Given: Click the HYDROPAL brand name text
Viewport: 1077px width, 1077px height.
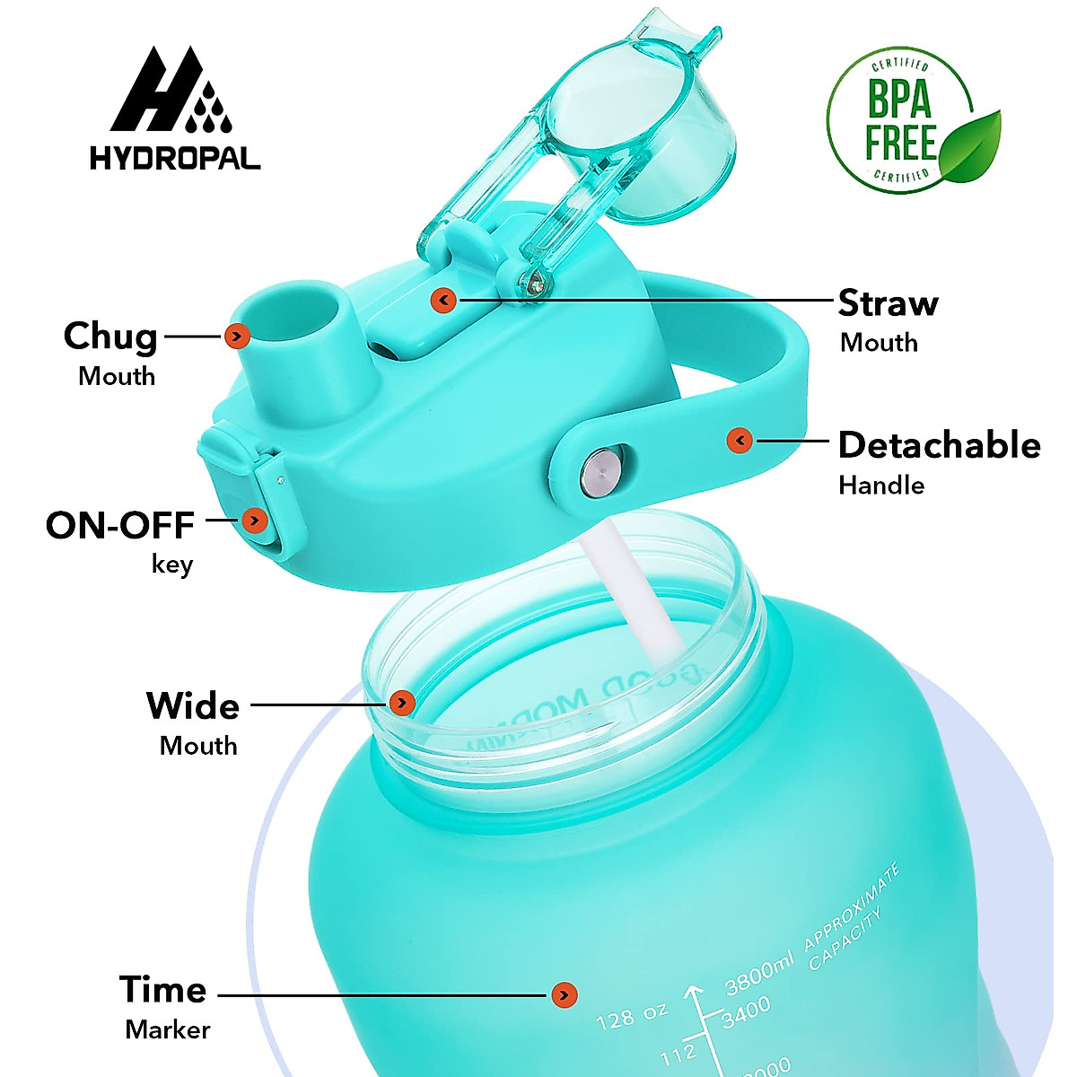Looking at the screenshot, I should (x=175, y=159).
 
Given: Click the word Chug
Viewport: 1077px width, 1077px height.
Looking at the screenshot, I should (x=110, y=336).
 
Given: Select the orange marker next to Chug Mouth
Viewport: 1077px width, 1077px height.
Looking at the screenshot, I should (x=237, y=337).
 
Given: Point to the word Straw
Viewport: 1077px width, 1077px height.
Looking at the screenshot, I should (x=888, y=303).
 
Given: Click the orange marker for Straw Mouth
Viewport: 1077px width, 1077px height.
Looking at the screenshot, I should (x=443, y=300).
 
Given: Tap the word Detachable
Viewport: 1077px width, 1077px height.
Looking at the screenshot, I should (x=939, y=445).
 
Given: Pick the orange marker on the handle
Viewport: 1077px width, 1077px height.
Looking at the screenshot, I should (x=740, y=440).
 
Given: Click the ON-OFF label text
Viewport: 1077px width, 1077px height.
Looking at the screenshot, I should (x=120, y=525).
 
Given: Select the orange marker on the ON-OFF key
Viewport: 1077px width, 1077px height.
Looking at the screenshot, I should (x=255, y=521).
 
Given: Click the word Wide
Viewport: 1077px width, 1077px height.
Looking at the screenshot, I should (x=193, y=706).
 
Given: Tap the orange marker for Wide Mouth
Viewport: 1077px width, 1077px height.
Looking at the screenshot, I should (x=403, y=703).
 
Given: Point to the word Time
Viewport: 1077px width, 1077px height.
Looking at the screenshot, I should (x=163, y=990).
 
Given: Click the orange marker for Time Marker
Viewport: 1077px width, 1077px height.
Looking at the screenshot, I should (x=564, y=994).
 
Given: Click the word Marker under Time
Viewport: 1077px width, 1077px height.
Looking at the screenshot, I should (x=168, y=1029).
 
